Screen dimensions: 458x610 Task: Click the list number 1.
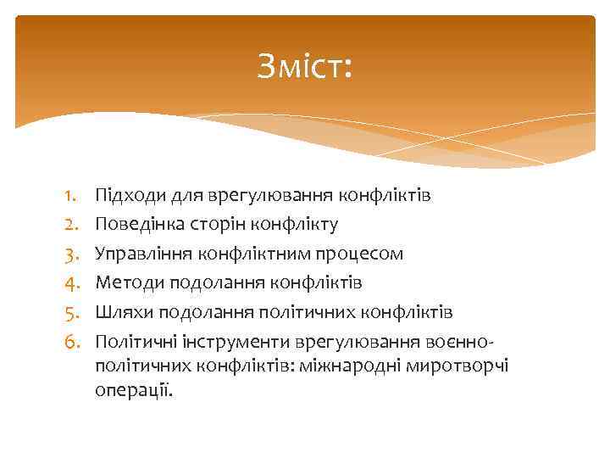coord(70,197)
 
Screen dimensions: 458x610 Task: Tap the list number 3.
coord(70,254)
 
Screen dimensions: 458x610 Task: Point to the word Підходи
coord(125,197)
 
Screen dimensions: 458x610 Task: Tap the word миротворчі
coord(468,366)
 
